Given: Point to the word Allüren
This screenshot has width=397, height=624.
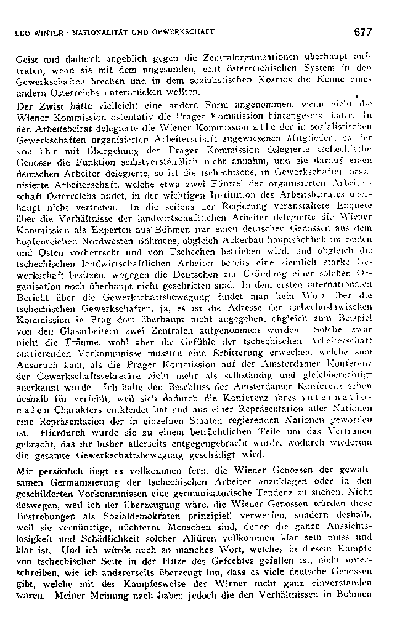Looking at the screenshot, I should coord(182,539).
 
